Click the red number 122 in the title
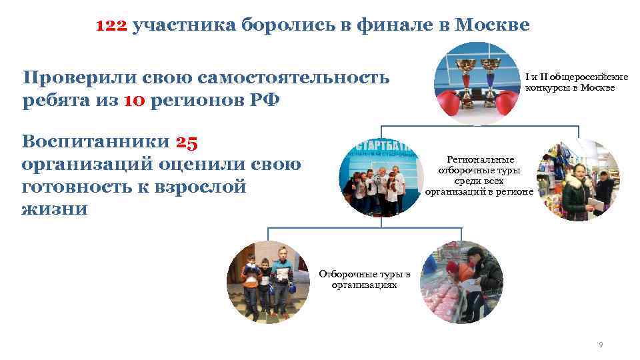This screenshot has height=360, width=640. click(x=111, y=26)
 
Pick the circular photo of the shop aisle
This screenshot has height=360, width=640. click(x=579, y=180)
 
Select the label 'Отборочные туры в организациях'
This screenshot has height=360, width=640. click(x=364, y=279)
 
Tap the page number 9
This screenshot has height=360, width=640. click(x=601, y=345)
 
